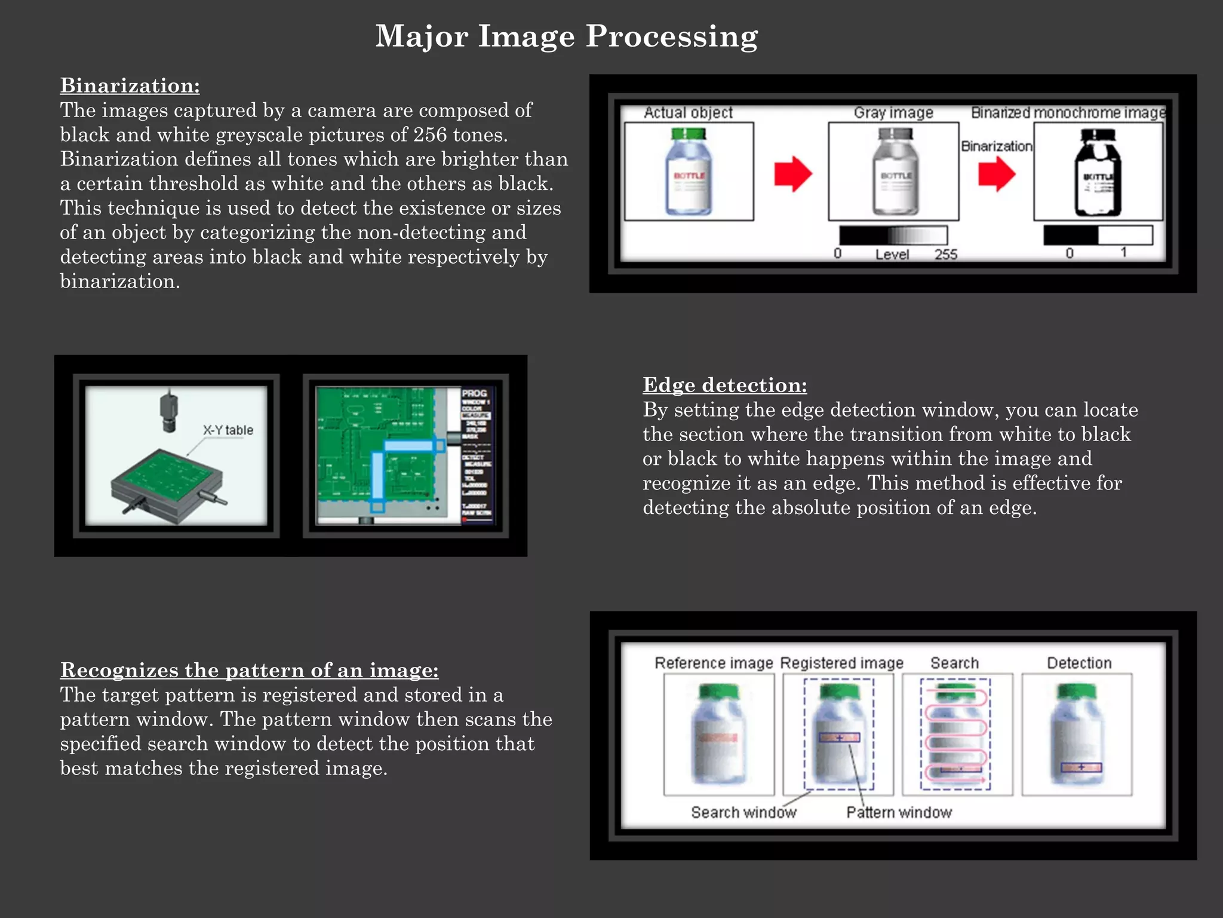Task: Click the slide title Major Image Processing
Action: [566, 36]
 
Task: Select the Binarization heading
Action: [130, 85]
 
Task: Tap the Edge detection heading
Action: [724, 385]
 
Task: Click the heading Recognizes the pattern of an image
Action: [249, 670]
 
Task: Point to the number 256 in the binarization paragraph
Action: [430, 135]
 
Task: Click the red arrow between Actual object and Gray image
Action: [792, 174]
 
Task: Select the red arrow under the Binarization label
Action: [996, 174]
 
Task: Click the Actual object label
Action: [688, 112]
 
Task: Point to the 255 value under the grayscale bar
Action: [945, 255]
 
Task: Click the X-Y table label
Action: [228, 430]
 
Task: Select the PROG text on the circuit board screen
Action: [474, 393]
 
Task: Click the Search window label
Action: [743, 812]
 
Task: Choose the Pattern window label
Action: [899, 812]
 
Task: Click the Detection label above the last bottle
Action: [1079, 663]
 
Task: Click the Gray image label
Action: [893, 112]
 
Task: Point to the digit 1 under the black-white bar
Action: [1123, 252]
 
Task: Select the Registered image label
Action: [841, 663]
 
